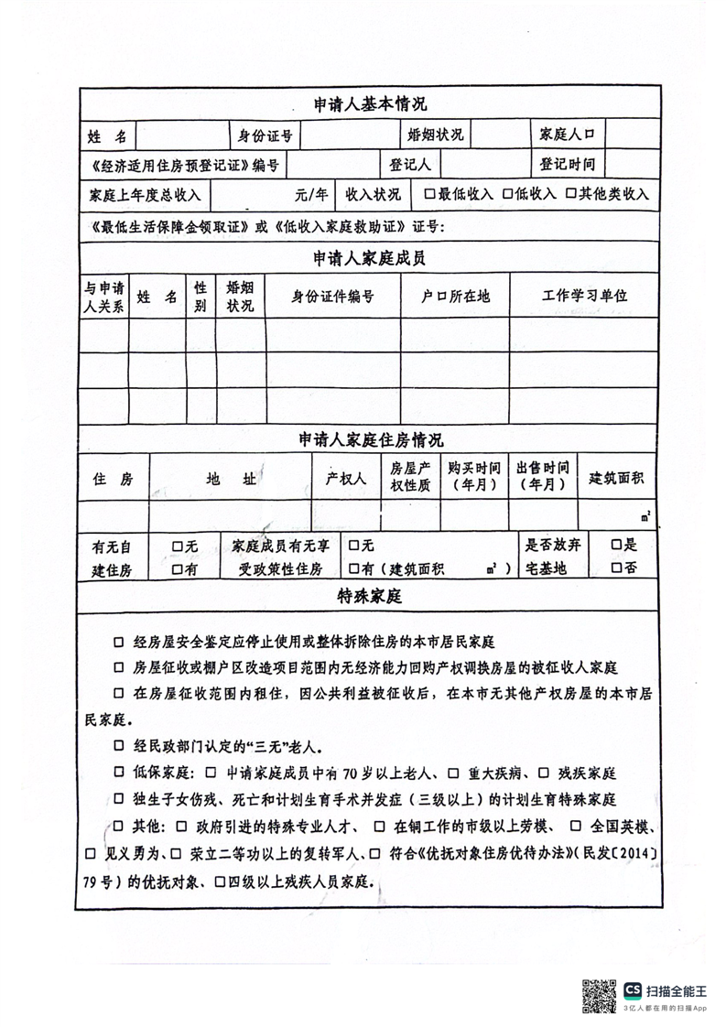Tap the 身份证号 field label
coord(265,135)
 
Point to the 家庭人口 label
coord(568,135)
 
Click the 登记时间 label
coord(568,165)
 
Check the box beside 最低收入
coord(428,194)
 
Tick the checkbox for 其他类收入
coord(570,194)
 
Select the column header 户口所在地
coord(455,296)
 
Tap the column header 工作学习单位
coord(585,296)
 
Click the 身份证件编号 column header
coord(333,296)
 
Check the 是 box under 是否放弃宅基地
coord(617,546)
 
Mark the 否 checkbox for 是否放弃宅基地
coord(617,568)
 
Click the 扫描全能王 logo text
coord(677,989)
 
